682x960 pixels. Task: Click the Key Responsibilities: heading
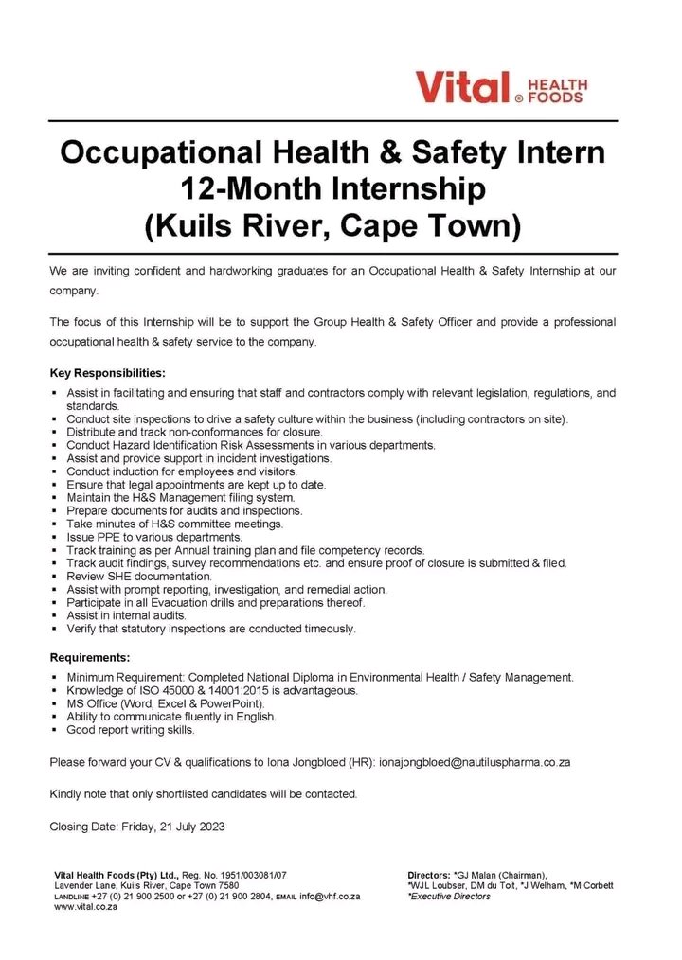pyautogui.click(x=107, y=372)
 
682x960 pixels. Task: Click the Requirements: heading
pyautogui.click(x=90, y=656)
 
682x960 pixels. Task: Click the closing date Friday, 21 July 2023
pyautogui.click(x=172, y=827)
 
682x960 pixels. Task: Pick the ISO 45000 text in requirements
pyautogui.click(x=165, y=690)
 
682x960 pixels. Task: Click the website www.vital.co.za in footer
pyautogui.click(x=86, y=906)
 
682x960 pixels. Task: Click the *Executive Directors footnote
pyautogui.click(x=449, y=896)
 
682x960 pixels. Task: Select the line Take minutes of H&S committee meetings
pyautogui.click(x=174, y=524)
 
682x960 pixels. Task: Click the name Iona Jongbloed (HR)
pyautogui.click(x=317, y=761)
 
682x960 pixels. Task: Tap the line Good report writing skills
pyautogui.click(x=131, y=730)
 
